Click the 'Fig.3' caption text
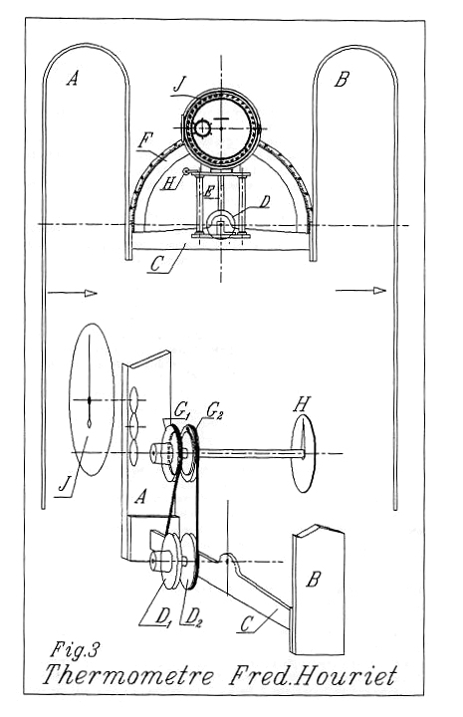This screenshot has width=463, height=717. (75, 649)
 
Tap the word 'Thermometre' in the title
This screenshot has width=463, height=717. (128, 675)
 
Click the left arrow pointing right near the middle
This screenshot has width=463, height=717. (73, 293)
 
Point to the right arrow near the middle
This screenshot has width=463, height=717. (360, 291)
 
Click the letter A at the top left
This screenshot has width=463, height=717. (73, 79)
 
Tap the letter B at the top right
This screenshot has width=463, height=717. (342, 79)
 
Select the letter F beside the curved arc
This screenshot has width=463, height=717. (144, 140)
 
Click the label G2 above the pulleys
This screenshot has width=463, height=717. (213, 410)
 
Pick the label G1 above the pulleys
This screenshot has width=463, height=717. (181, 410)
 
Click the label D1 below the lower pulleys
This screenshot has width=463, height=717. (163, 617)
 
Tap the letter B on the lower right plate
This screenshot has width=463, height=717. (313, 580)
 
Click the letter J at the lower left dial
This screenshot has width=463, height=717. (65, 484)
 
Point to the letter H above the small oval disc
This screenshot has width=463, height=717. (302, 404)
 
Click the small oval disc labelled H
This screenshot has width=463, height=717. (304, 453)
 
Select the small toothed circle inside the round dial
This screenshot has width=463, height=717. (202, 128)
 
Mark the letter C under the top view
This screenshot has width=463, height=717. (156, 264)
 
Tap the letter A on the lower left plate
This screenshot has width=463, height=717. (140, 496)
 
